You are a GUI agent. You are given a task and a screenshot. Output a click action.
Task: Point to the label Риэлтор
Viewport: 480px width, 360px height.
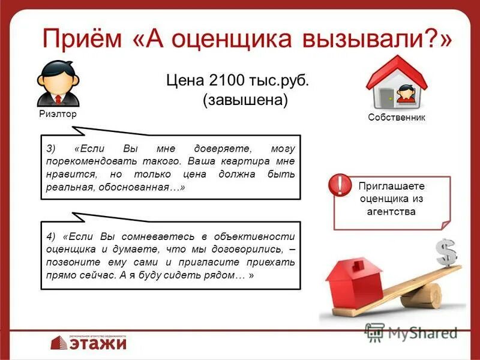click(58, 114)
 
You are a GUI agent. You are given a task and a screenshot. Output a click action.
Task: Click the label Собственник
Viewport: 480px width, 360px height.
click(397, 118)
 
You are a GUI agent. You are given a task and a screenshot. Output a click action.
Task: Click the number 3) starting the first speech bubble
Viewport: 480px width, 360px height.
click(50, 148)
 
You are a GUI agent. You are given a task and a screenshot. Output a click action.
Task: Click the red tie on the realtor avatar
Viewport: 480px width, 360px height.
click(58, 98)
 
